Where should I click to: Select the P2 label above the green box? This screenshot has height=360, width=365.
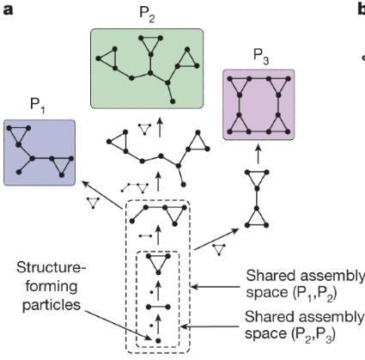tap(147, 16)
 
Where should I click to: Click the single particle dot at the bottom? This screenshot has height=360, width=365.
tap(158, 342)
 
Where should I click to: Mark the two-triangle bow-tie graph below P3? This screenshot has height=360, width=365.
tap(257, 198)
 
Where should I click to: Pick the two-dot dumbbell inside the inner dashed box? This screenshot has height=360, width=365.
tap(158, 304)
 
